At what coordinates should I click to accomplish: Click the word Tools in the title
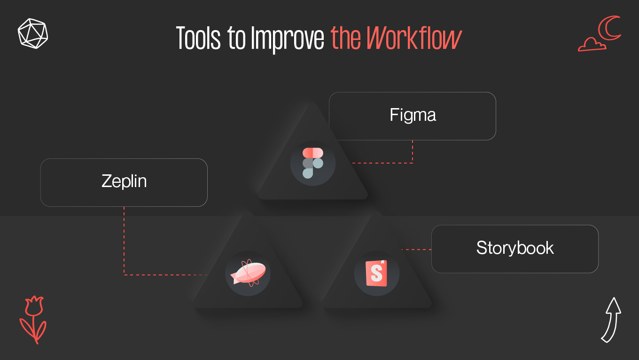198,39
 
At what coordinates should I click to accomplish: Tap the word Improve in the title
288,39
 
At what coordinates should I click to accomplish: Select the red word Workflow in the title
414,39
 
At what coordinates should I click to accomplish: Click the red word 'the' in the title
346,39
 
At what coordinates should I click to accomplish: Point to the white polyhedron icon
33,33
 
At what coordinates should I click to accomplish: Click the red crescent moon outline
610,28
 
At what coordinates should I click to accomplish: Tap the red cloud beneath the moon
591,45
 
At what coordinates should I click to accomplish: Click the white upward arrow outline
611,319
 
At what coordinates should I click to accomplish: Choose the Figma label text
413,115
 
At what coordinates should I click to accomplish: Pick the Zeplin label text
124,181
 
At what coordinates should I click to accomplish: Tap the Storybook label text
515,248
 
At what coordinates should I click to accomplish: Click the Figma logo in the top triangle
313,163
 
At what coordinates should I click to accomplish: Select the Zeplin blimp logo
248,274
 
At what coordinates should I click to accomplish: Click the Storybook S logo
376,273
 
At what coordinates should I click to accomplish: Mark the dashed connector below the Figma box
412,153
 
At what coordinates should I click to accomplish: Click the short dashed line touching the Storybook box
416,250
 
